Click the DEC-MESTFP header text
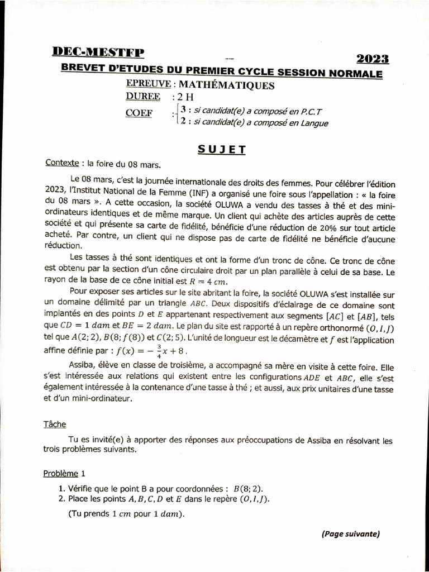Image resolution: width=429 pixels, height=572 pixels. coord(98,53)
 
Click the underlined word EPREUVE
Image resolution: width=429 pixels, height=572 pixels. coord(148,85)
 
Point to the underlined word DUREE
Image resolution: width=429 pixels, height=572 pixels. coord(143,97)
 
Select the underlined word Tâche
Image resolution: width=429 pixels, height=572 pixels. coord(54,425)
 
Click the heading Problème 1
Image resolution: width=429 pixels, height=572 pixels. coord(64,474)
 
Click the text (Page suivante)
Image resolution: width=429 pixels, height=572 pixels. coord(350,534)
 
